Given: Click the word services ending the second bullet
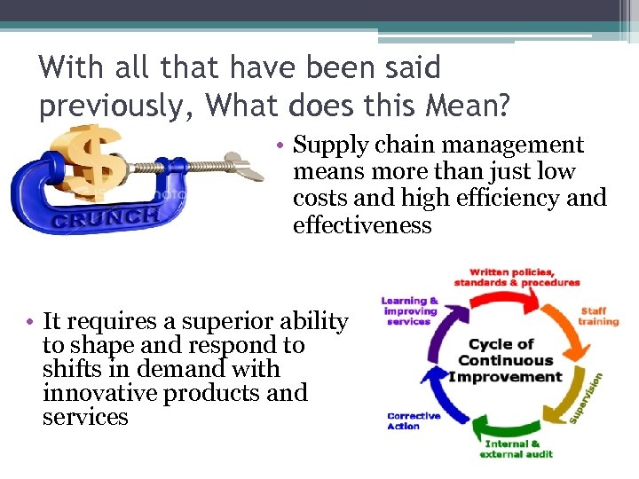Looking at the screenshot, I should pyautogui.click(x=85, y=417).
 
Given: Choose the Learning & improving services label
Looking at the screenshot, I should pyautogui.click(x=410, y=310).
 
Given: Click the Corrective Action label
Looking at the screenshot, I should pyautogui.click(x=413, y=420).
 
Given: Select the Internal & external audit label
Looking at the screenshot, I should pyautogui.click(x=517, y=449).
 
